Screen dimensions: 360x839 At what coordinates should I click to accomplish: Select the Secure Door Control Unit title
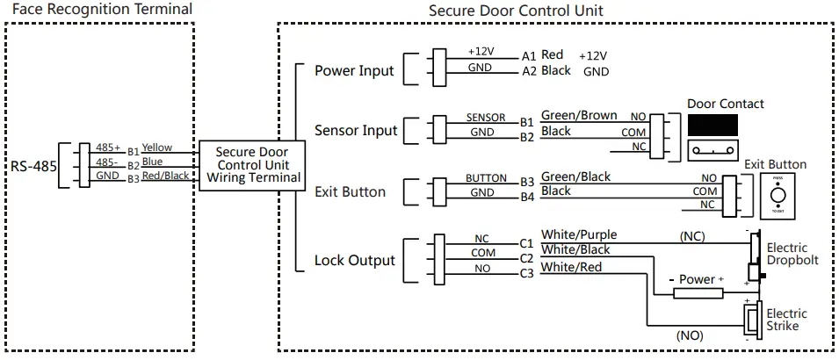pos(516,10)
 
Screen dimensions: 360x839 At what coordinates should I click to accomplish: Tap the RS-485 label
pos(33,164)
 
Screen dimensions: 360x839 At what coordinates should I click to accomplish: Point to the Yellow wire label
pos(157,148)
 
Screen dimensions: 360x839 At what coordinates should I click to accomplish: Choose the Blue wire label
pos(152,162)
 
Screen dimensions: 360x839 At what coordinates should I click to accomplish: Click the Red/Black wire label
pos(165,176)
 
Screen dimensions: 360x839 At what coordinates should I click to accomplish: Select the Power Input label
pos(354,70)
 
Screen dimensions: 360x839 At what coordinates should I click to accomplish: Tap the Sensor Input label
pos(356,131)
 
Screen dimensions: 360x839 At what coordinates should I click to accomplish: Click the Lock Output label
pos(354,260)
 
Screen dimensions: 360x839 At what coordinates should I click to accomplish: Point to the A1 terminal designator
pos(528,54)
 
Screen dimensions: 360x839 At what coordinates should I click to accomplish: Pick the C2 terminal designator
pos(527,258)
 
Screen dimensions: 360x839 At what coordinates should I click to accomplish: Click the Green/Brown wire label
pos(578,116)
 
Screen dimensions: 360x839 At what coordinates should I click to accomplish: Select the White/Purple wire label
pos(578,234)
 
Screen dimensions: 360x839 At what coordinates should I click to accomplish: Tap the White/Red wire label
pos(571,267)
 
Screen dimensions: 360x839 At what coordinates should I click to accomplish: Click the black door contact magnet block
pos(712,125)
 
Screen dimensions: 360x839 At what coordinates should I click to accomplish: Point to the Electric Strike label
pos(787,320)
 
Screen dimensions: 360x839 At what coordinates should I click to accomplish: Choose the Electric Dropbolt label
pos(792,254)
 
